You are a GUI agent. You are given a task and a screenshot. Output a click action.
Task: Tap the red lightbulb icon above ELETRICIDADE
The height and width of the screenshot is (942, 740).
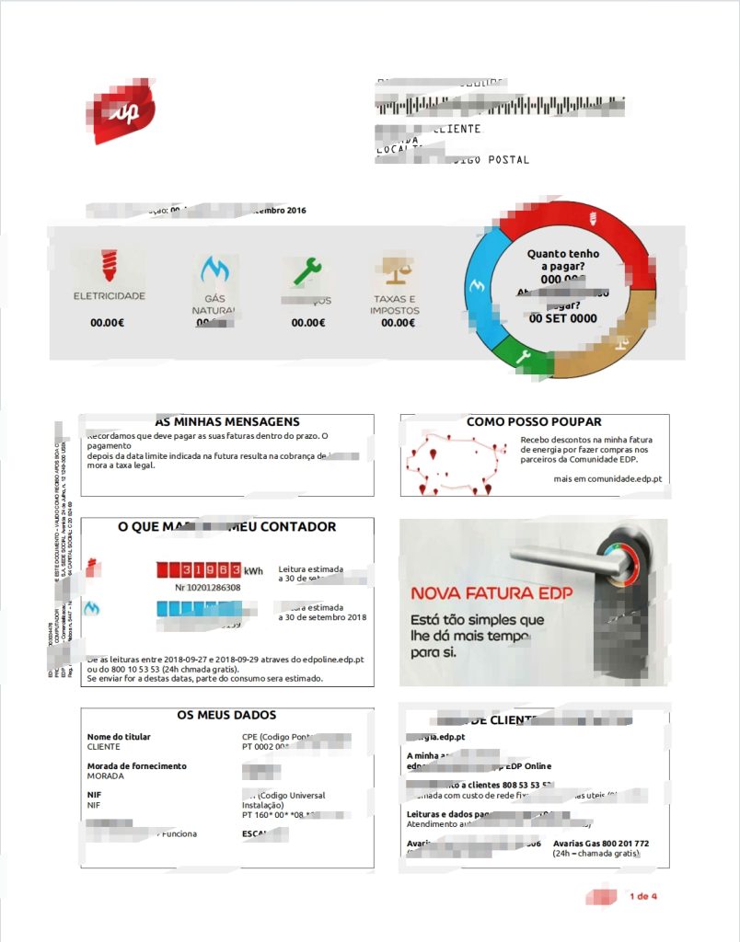click(x=109, y=268)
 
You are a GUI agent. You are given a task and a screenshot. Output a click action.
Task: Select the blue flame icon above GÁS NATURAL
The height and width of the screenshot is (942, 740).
click(x=214, y=270)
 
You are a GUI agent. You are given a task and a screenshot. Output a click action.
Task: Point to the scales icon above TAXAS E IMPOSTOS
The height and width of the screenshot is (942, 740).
click(x=394, y=270)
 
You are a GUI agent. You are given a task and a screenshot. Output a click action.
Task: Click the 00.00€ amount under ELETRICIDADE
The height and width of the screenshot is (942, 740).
click(x=108, y=323)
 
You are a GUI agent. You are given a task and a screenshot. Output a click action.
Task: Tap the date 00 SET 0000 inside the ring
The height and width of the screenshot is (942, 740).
click(x=563, y=319)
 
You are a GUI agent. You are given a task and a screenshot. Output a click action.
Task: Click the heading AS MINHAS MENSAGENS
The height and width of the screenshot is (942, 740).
click(x=226, y=422)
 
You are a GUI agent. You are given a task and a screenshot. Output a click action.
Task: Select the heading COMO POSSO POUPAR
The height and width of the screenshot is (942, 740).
click(x=534, y=422)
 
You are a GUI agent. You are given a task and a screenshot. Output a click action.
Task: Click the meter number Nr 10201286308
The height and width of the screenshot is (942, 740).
click(x=208, y=587)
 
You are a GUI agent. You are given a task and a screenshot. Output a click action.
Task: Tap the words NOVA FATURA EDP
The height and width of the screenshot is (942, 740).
click(x=491, y=593)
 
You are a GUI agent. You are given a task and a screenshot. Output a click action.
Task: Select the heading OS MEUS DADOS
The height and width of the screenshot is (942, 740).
click(x=226, y=715)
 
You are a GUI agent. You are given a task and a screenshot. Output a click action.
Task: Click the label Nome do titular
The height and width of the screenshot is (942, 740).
click(x=119, y=737)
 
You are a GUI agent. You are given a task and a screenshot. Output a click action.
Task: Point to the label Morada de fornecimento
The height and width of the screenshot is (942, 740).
click(x=136, y=765)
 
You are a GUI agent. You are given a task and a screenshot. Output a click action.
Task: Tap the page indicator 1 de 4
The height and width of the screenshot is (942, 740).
click(x=643, y=896)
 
